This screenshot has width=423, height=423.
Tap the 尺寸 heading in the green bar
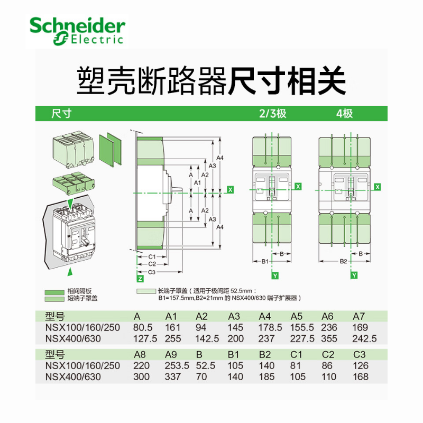click(x=61, y=113)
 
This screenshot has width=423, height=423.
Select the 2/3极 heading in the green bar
click(x=272, y=113)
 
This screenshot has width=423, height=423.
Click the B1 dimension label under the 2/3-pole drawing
click(x=265, y=261)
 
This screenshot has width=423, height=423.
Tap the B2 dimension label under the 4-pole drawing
click(x=343, y=261)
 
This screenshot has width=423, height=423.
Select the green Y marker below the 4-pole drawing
click(x=354, y=275)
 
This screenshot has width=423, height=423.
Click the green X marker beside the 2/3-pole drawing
click(x=298, y=186)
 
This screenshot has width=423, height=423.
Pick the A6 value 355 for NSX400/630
click(x=330, y=339)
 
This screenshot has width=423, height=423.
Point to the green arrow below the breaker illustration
click(x=69, y=272)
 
